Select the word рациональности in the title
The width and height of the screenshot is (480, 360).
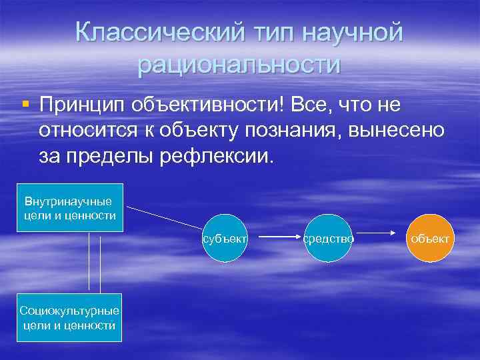point(239,65)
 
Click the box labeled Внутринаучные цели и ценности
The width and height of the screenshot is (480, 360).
point(70,207)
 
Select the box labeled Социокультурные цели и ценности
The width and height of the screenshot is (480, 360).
point(69,317)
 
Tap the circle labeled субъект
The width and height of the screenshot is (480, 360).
point(225,237)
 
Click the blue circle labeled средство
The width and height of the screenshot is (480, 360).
point(328,237)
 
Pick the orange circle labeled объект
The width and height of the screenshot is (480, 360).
point(431,237)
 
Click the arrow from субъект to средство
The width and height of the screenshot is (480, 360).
point(277,236)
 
